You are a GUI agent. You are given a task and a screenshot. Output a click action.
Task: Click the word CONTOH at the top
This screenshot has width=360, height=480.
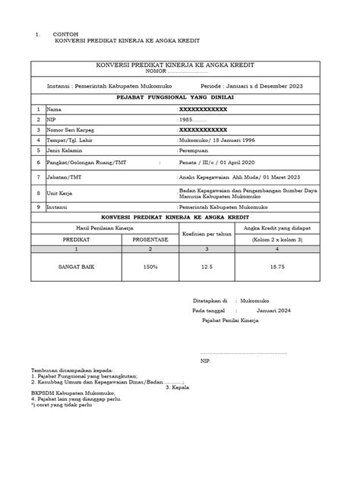click(65, 35)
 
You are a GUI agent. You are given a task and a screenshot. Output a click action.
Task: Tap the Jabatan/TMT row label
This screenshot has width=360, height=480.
click(65, 177)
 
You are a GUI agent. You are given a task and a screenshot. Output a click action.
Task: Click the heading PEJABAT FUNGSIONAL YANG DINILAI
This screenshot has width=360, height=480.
click(179, 98)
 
